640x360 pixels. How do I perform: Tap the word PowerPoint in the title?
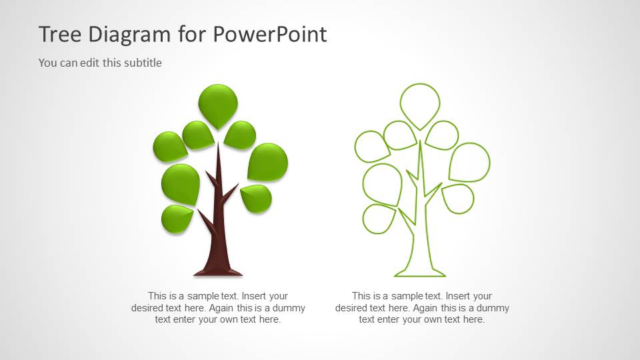[x=270, y=34]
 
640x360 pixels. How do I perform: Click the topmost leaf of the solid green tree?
[x=218, y=103]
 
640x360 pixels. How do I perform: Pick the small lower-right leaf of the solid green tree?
[x=257, y=198]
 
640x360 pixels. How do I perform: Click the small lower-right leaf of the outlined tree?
[x=459, y=198]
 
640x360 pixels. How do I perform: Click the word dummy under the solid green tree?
[x=290, y=308]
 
